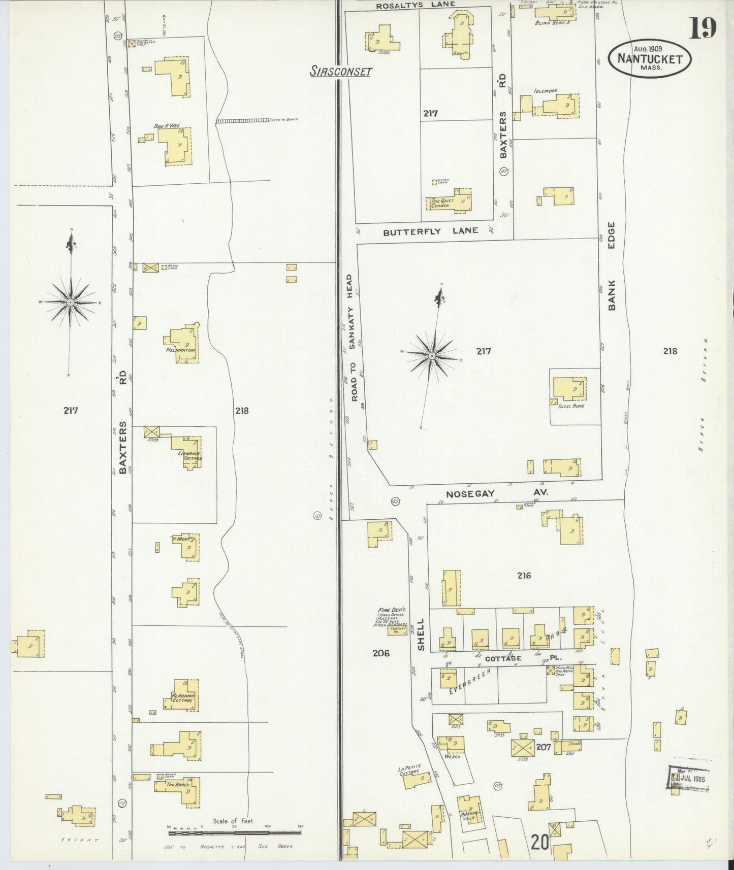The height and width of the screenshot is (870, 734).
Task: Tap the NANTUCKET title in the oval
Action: point(650,58)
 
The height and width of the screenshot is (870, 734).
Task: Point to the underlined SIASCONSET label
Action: point(341,72)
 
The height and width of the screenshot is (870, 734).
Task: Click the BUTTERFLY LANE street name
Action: point(430,231)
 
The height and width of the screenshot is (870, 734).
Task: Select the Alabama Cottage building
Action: point(182,695)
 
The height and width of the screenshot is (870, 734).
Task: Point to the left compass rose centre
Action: point(71,303)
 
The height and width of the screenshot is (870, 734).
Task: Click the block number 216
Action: point(524,576)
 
